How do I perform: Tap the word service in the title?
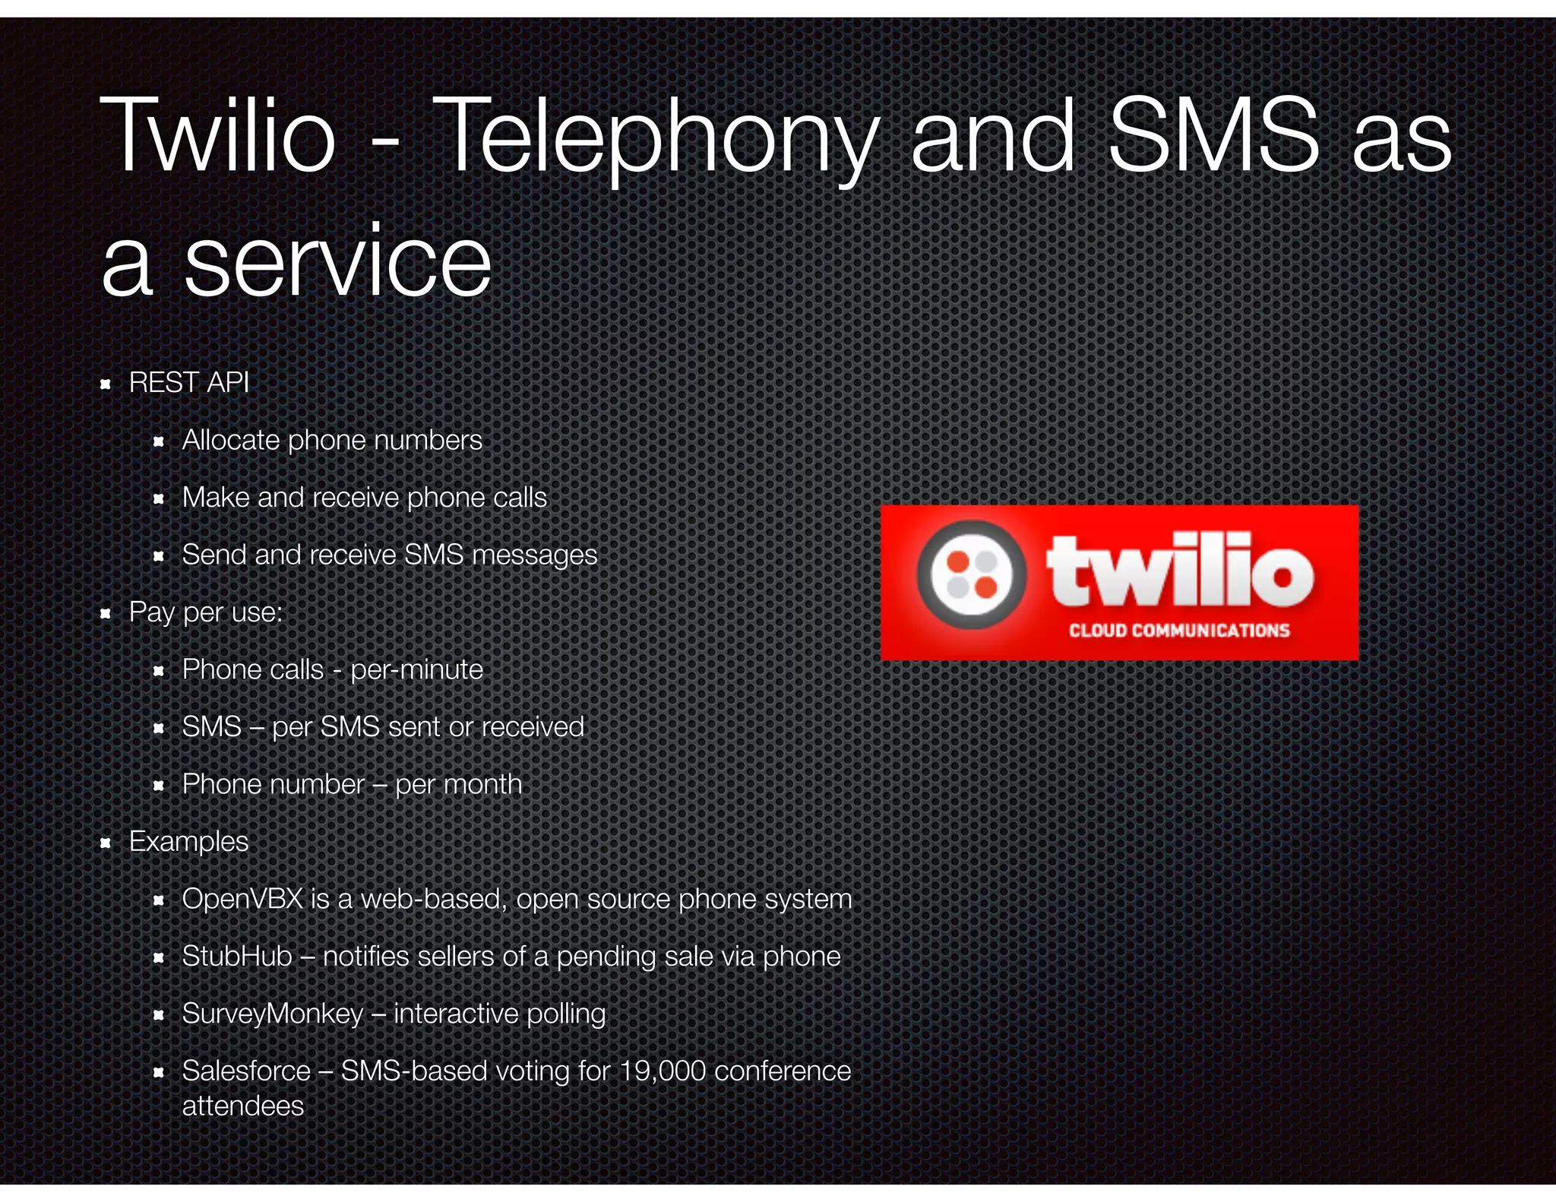tap(338, 262)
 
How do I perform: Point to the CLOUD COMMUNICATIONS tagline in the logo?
tap(1179, 630)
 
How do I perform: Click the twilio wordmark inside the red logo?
tap(1180, 571)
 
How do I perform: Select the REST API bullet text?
tap(189, 382)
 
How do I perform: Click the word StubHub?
tap(237, 956)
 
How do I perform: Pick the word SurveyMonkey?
tap(273, 1014)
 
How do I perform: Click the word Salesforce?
tap(246, 1071)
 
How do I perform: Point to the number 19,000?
tap(663, 1071)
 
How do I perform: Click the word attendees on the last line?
tap(243, 1106)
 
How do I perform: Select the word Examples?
tap(188, 842)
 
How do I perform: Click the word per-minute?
tap(416, 669)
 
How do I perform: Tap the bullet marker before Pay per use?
tap(106, 613)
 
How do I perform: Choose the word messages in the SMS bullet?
tap(534, 555)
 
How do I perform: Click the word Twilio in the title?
tap(218, 137)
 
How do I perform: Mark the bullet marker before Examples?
tap(106, 843)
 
